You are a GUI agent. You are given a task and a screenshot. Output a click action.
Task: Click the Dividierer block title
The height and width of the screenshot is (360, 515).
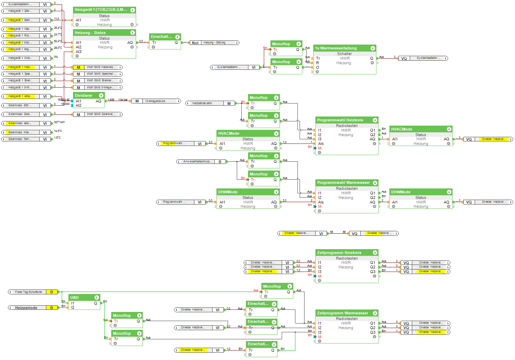tap(83, 95)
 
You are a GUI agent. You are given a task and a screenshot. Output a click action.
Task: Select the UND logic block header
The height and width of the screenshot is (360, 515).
tap(74, 298)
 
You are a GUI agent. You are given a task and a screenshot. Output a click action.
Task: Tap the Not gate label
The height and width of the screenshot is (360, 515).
tap(195, 43)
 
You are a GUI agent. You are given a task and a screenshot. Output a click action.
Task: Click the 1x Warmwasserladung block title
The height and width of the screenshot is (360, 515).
tap(336, 48)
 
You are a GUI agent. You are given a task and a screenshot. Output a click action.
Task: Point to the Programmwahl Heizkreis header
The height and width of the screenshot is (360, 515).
tap(340, 120)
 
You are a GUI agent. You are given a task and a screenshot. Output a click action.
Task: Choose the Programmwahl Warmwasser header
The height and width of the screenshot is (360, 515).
tap(343, 182)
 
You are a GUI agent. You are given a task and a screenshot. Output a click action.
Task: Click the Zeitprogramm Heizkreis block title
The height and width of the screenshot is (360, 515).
tap(339, 253)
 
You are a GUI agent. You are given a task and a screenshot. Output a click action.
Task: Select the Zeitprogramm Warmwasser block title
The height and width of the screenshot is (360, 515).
tap(342, 313)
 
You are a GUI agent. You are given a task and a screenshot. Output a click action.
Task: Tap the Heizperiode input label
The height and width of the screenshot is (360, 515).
tap(26, 308)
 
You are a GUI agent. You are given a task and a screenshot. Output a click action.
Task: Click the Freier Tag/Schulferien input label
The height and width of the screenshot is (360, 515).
tap(28, 292)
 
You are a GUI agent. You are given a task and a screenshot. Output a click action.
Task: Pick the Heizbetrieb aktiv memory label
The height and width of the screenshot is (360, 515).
tap(202, 104)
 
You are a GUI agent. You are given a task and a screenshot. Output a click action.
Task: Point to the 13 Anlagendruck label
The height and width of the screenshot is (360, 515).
tap(155, 101)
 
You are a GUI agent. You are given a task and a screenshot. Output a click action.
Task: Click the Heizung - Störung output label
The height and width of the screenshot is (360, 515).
tap(214, 43)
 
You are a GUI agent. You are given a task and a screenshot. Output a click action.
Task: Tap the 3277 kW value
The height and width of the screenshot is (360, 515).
tap(59, 122)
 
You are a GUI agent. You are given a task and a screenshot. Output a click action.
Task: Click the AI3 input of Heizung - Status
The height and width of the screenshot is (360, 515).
tap(78, 52)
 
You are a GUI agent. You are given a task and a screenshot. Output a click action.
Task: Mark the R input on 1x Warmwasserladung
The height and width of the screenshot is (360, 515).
tap(317, 63)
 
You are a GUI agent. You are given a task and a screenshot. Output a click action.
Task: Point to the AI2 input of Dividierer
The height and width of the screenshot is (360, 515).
tap(78, 105)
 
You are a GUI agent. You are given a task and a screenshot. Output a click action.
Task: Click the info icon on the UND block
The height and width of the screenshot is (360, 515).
tap(96, 298)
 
